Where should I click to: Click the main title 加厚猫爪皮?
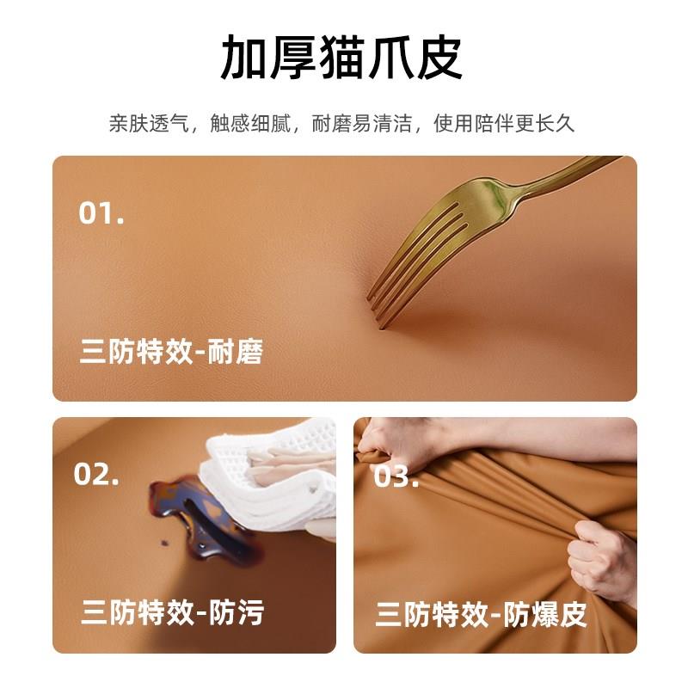tap(341, 57)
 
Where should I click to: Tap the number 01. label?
tap(101, 213)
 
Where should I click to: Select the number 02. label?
tap(96, 474)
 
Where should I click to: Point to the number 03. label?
tap(396, 476)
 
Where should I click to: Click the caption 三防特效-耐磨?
tap(171, 352)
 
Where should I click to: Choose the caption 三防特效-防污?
tap(173, 612)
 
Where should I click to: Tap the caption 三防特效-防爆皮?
tap(481, 614)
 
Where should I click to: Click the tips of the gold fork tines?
tap(377, 312)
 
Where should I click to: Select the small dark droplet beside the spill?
tap(165, 543)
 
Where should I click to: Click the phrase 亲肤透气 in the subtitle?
tap(149, 123)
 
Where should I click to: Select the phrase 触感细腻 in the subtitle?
tap(250, 123)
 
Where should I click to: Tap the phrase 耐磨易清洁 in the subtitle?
tap(361, 123)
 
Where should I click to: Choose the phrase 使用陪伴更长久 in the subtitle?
tap(504, 123)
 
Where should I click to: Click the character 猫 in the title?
tap(341, 57)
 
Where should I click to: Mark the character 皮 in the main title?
tap(439, 57)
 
